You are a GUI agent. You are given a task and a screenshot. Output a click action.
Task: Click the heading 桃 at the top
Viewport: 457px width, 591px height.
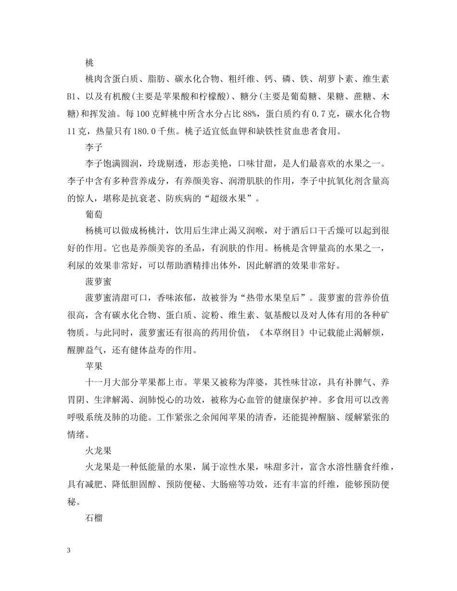coord(89,62)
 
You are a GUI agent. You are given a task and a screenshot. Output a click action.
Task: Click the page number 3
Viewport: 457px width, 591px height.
coord(69,550)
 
